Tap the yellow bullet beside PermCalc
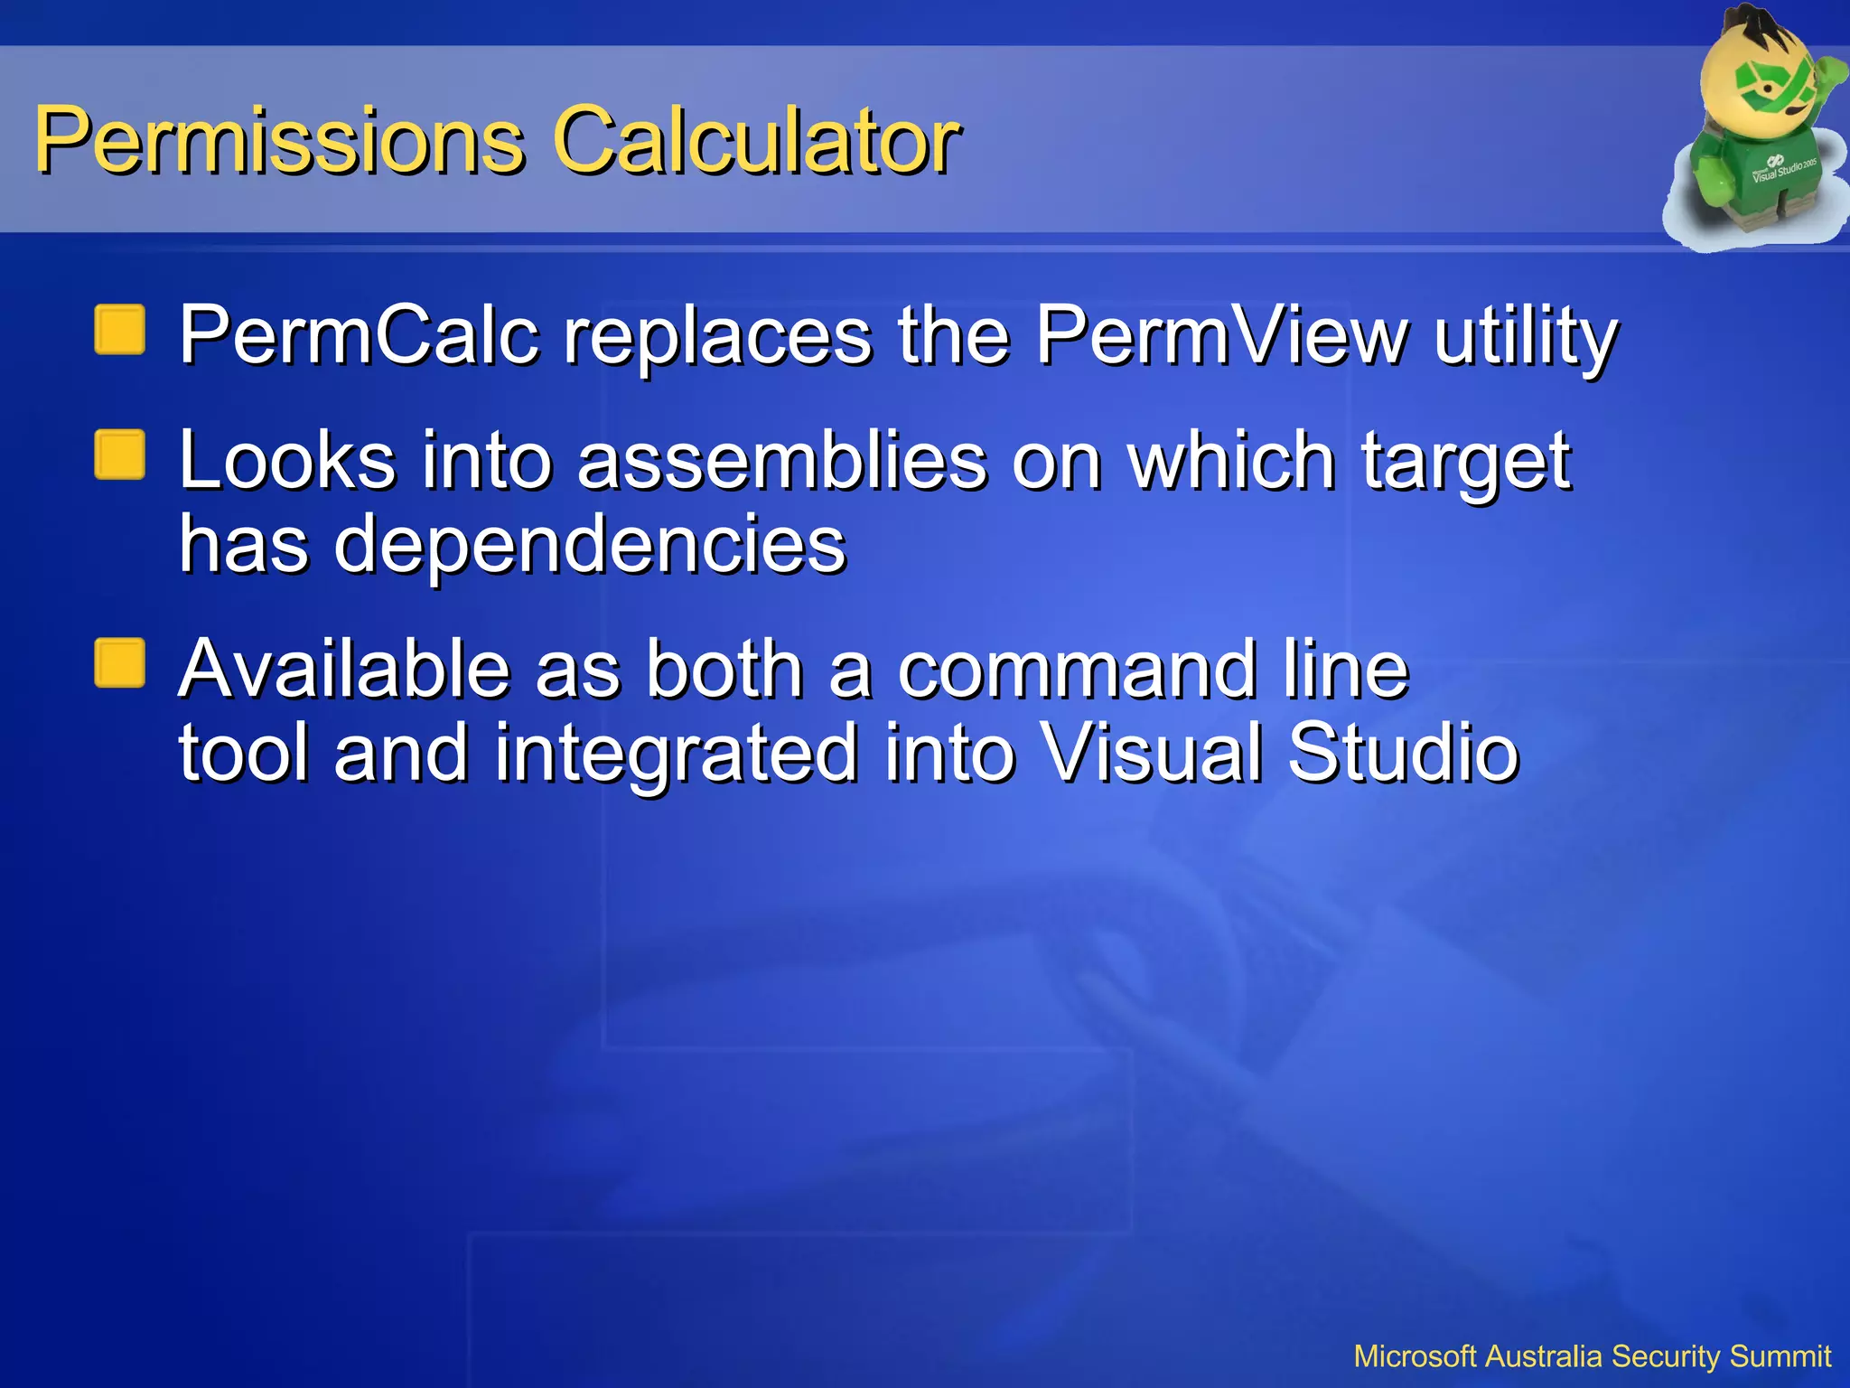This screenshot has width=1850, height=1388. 120,330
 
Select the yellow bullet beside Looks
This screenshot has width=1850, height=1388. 120,455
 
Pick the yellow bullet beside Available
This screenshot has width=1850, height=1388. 120,663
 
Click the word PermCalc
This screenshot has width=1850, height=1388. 359,335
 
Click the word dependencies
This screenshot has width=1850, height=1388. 589,545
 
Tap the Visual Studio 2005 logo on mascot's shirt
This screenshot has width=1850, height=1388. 1781,168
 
